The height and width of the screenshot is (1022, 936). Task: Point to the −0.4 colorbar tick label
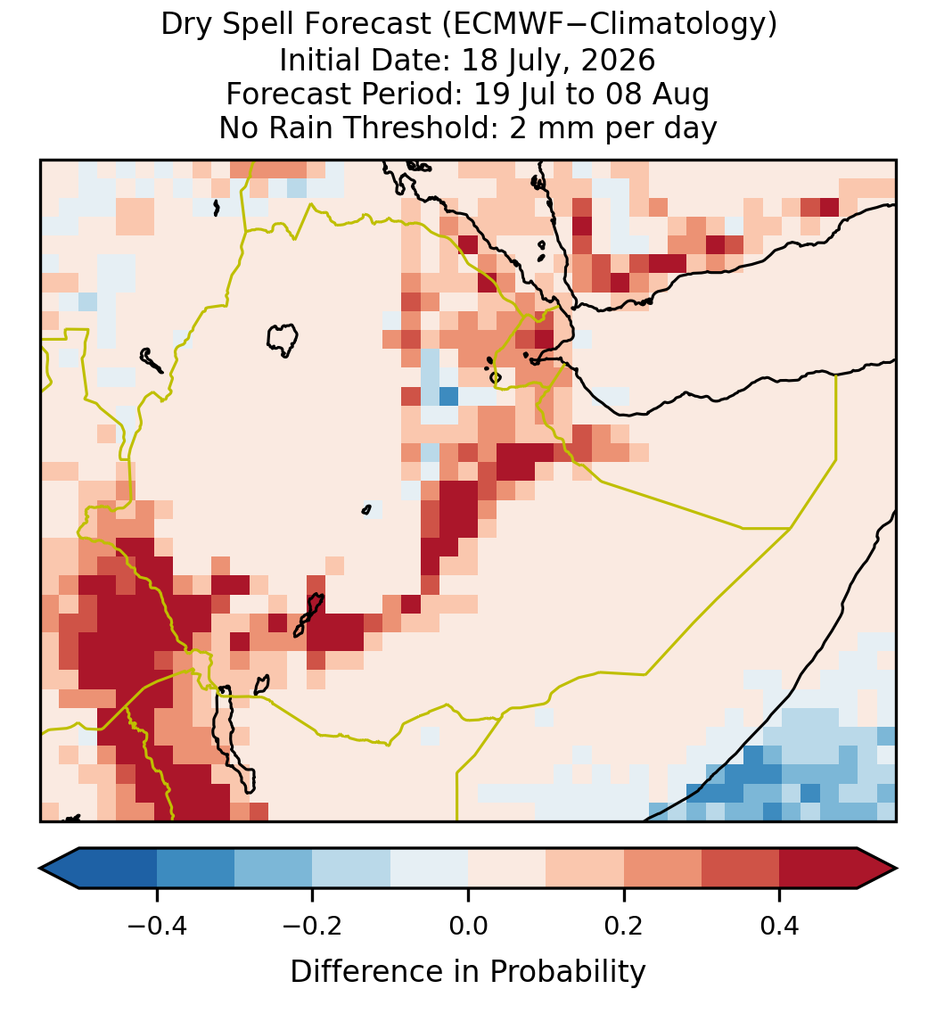157,926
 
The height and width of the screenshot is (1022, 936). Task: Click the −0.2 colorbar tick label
313,926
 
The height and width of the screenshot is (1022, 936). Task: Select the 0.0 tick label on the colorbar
468,926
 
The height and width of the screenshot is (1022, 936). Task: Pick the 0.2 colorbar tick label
624,926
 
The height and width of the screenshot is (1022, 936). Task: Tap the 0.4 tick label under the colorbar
780,926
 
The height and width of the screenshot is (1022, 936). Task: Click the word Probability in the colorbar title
567,972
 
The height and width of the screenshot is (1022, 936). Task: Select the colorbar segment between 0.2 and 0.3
663,869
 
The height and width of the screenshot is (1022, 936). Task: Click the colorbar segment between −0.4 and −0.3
195,869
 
